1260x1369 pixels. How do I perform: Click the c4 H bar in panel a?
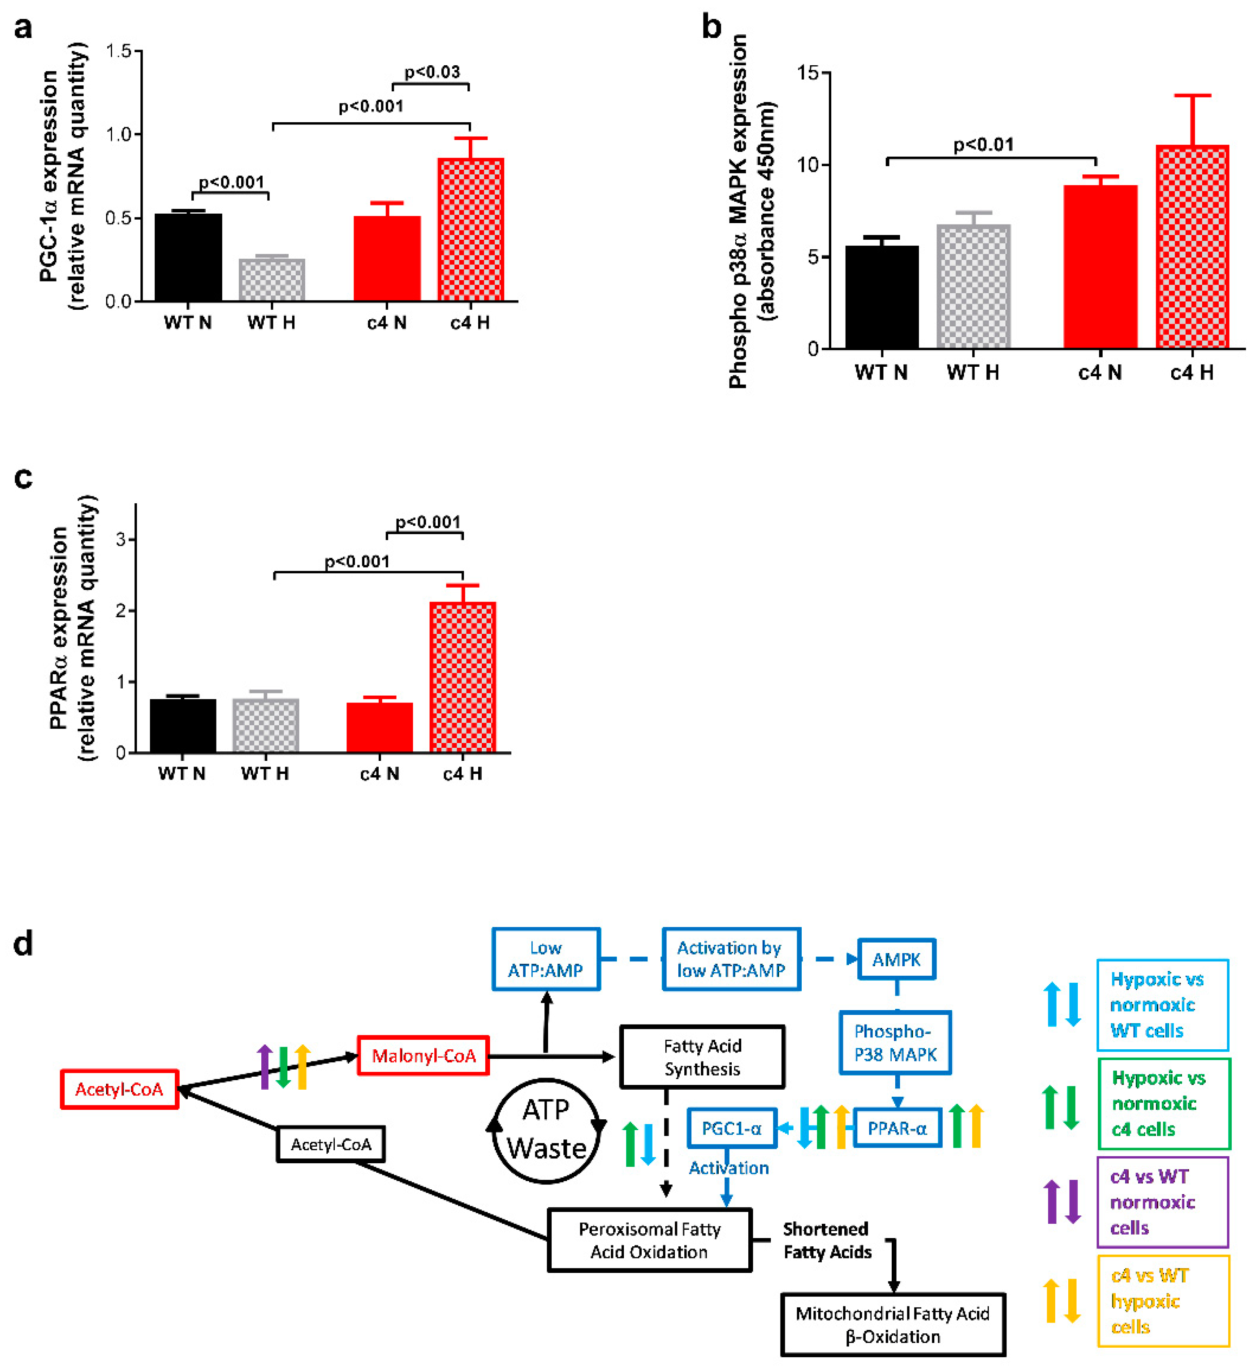(470, 229)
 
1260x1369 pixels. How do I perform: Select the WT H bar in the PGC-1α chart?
(271, 280)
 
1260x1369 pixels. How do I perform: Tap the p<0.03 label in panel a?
(432, 72)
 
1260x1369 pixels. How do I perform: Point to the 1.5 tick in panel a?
(119, 51)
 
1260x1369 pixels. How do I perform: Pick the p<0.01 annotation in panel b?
(983, 144)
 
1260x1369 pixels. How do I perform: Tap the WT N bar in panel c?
(183, 725)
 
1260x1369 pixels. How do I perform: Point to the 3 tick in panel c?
(121, 539)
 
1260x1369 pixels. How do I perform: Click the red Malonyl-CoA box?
(423, 1055)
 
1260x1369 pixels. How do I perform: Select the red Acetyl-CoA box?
(119, 1089)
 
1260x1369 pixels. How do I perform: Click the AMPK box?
(896, 959)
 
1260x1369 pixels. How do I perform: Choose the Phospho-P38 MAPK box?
(895, 1042)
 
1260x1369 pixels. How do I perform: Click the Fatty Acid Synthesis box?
(702, 1057)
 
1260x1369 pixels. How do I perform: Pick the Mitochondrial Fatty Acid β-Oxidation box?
(893, 1324)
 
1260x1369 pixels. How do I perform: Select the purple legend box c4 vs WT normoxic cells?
(1163, 1202)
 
